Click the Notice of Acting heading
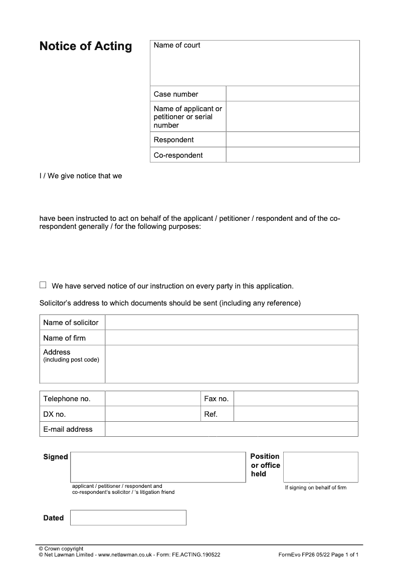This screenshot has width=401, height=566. (86, 47)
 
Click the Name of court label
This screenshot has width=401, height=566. (177, 45)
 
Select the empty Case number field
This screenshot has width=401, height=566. (293, 94)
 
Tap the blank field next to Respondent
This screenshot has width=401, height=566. (293, 140)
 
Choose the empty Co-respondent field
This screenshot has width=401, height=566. (293, 155)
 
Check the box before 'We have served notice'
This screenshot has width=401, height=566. (43, 285)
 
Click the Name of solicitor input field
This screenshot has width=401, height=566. (232, 323)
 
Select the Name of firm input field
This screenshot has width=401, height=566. (232, 338)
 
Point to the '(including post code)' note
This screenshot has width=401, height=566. (71, 360)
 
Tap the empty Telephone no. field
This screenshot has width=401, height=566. (153, 399)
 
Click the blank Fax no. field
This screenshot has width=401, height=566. (296, 399)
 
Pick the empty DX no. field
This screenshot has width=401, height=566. (153, 414)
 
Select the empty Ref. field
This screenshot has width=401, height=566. (296, 414)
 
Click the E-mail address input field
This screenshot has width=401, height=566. (232, 429)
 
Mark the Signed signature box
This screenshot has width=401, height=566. (158, 467)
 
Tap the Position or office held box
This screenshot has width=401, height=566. (321, 467)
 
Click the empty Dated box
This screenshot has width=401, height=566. (128, 518)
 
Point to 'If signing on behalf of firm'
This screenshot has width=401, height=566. (316, 488)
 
